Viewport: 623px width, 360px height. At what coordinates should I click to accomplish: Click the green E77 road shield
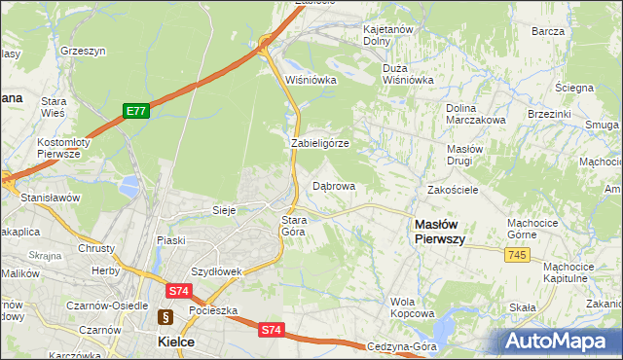(x=135, y=112)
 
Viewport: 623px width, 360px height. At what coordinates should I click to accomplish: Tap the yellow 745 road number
(x=517, y=254)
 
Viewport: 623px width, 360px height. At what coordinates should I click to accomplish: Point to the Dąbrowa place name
(x=333, y=185)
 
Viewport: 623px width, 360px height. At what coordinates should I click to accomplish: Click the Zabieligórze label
(x=319, y=143)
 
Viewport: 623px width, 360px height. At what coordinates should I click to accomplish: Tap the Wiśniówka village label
(x=311, y=80)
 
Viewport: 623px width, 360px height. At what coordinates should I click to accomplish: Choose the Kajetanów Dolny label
(x=388, y=36)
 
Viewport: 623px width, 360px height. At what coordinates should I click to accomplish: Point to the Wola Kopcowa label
(x=412, y=307)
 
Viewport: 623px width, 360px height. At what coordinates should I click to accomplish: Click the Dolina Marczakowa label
(x=475, y=114)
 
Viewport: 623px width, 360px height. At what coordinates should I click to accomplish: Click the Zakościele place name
(x=453, y=190)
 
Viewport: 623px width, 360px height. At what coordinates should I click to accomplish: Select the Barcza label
(x=548, y=31)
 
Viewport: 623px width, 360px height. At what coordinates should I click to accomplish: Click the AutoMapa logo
(x=560, y=341)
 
